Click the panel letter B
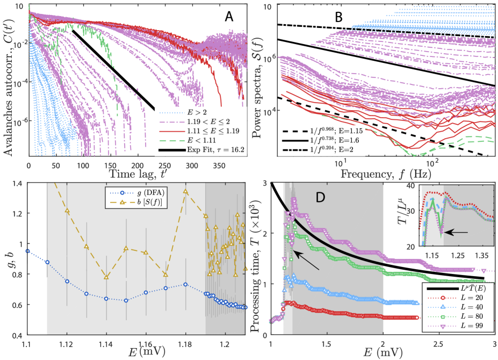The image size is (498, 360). click(x=338, y=17)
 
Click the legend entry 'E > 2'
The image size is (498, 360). click(x=189, y=113)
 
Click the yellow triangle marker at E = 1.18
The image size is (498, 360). click(x=185, y=191)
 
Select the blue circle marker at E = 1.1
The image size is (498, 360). click(x=27, y=251)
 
